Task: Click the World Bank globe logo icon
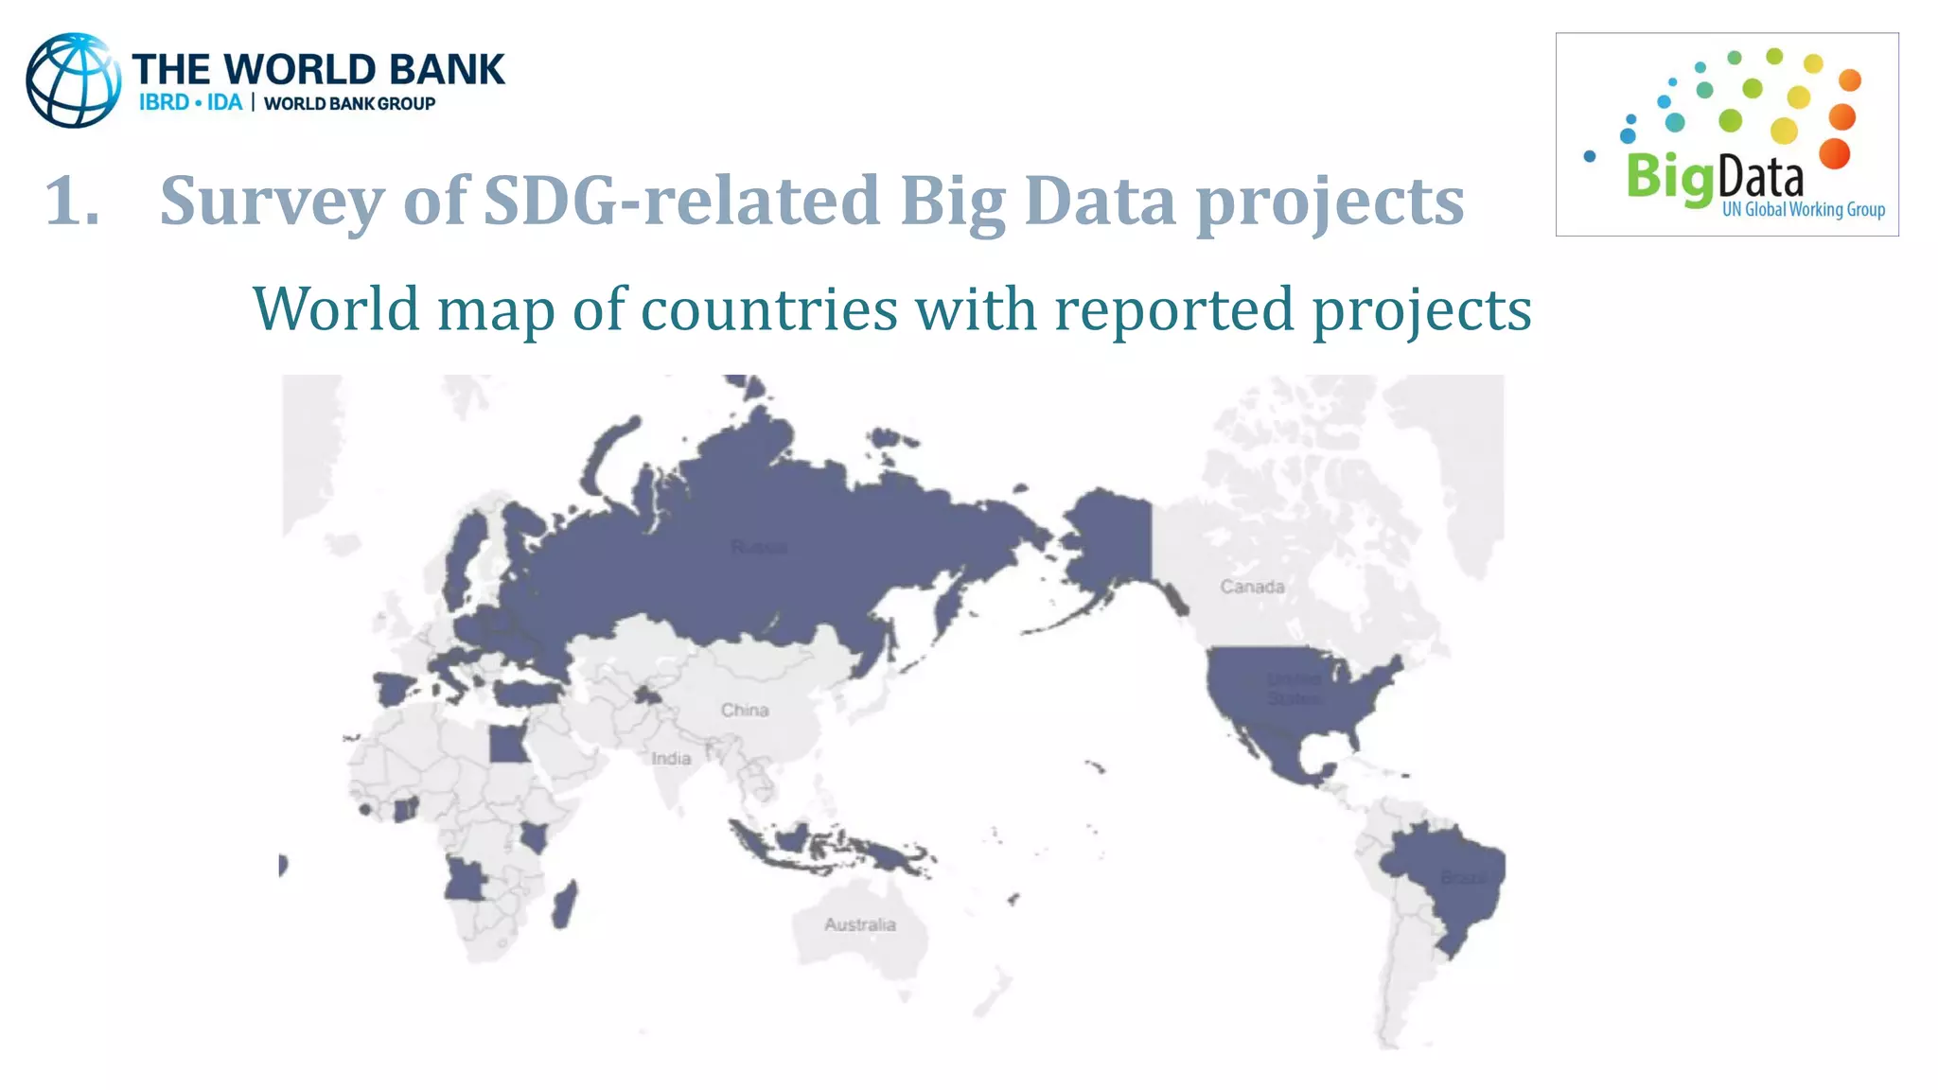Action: coord(73,80)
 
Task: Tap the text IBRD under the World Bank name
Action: coord(164,102)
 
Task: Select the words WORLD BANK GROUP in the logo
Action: coord(349,103)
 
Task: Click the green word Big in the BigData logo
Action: coord(1669,178)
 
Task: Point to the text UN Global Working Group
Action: coord(1803,209)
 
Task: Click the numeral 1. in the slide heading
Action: coord(72,202)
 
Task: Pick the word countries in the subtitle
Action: coord(768,309)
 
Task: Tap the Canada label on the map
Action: coord(1252,587)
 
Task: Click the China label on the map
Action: coord(745,710)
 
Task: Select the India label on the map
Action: coord(671,758)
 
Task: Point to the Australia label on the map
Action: coord(859,924)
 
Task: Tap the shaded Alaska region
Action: coord(1107,539)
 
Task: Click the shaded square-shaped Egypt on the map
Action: coord(508,744)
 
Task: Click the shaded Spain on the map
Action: coord(391,688)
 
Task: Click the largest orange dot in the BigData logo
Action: coord(1835,153)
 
